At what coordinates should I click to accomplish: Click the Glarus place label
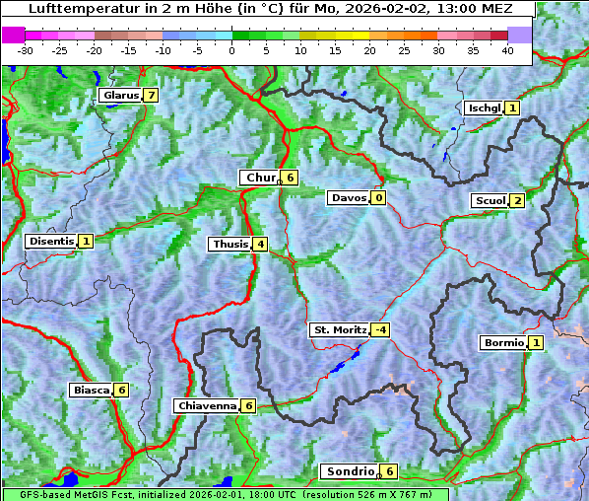click(119, 96)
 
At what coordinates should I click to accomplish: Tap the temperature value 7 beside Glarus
click(150, 96)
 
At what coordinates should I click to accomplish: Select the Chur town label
click(260, 178)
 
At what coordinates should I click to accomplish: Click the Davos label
click(349, 197)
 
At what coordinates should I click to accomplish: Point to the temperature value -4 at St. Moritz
click(379, 329)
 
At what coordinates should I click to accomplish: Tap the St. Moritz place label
click(340, 329)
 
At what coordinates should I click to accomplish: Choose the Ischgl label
click(484, 107)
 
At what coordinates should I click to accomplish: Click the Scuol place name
click(490, 200)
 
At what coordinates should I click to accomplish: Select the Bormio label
click(502, 343)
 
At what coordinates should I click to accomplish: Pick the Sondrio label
click(350, 471)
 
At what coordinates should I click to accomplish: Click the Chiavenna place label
click(207, 405)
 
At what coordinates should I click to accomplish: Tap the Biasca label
click(90, 390)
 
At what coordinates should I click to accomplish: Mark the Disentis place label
click(51, 241)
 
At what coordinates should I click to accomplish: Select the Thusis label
click(229, 244)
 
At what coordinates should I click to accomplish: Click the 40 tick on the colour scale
click(507, 49)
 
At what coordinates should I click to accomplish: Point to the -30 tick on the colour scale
click(26, 49)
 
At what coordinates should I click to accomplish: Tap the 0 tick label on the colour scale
click(231, 49)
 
